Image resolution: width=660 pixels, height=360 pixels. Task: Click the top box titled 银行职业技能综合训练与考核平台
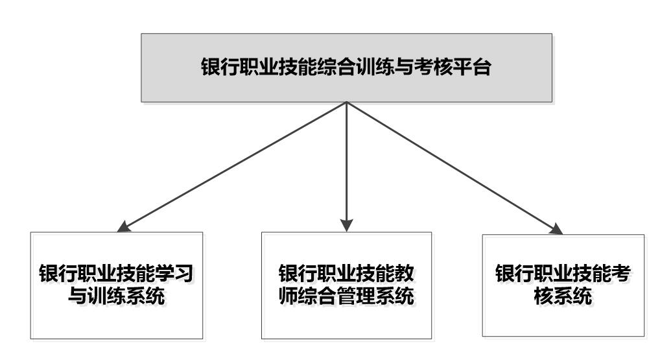tap(346, 68)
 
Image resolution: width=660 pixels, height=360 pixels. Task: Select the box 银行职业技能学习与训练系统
tap(117, 285)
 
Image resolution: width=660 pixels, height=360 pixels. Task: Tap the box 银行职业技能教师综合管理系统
tap(346, 285)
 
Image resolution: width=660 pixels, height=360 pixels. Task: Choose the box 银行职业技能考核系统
tap(563, 285)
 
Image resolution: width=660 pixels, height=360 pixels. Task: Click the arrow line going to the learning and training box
tap(231, 167)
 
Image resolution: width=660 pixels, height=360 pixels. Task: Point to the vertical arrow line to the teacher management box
tap(346, 167)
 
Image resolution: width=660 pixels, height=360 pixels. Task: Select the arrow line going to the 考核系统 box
tap(454, 168)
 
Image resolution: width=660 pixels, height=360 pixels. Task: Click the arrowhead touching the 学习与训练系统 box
tap(123, 227)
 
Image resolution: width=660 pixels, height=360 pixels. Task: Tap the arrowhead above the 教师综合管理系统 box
tap(346, 226)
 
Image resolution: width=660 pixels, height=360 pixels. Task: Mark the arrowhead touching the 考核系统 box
tap(556, 229)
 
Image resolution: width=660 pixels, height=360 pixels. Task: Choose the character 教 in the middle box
tap(405, 274)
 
